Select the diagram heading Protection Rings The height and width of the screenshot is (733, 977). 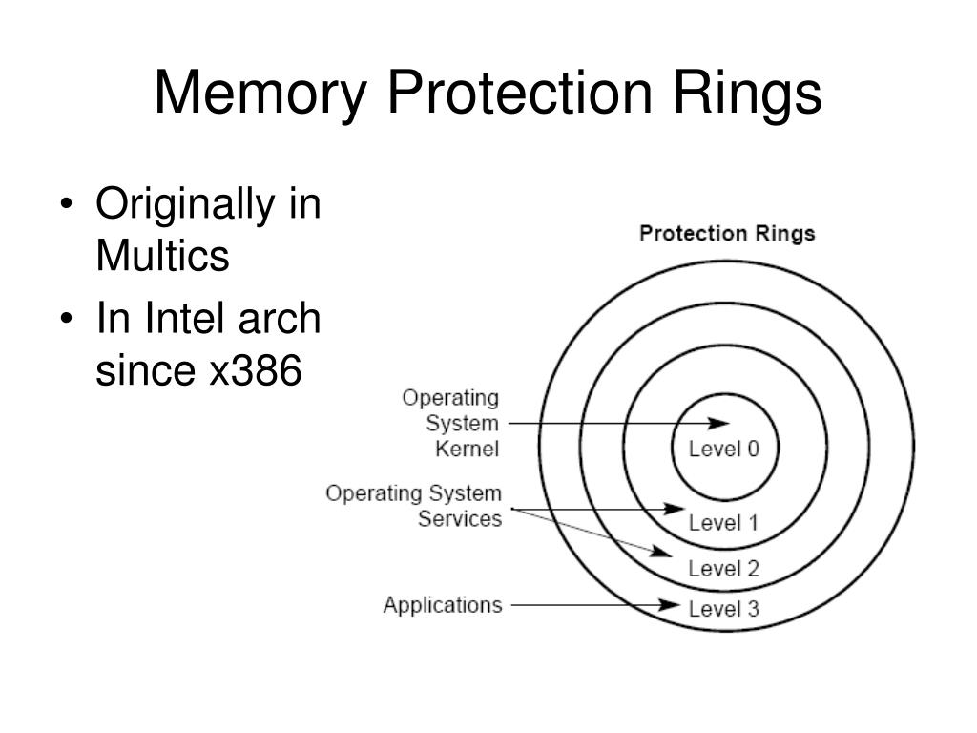pyautogui.click(x=727, y=234)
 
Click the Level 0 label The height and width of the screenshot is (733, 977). pyautogui.click(x=724, y=449)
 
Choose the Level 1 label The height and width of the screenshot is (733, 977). pyautogui.click(x=723, y=522)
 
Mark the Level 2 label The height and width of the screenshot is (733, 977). pyautogui.click(x=723, y=569)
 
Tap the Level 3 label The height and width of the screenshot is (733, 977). pyautogui.click(x=723, y=609)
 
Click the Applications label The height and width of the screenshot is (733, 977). pyautogui.click(x=442, y=605)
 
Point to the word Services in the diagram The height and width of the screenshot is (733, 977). pyautogui.click(x=460, y=519)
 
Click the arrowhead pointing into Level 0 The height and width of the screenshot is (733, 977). pyautogui.click(x=720, y=423)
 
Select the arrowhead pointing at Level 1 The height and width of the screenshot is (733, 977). pyautogui.click(x=675, y=510)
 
